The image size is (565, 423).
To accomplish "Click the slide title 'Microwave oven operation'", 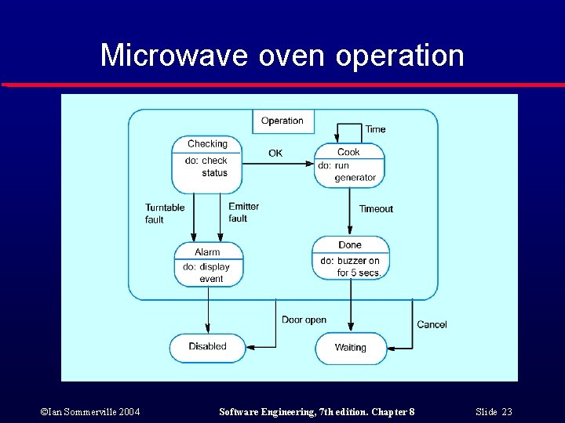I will (x=282, y=56).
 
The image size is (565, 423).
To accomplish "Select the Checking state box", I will (x=206, y=164).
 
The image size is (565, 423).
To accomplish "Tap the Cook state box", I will (x=349, y=164).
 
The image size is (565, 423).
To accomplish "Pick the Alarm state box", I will (x=208, y=265).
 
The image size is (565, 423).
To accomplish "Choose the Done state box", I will (x=350, y=258).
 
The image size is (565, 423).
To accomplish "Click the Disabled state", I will (x=207, y=347).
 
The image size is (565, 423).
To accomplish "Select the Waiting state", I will (x=351, y=348).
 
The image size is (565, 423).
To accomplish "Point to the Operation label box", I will (x=282, y=121).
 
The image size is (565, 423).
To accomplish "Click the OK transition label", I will (x=275, y=154).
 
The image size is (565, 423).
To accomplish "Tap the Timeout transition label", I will (x=376, y=209).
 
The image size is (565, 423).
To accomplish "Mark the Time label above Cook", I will (x=375, y=129).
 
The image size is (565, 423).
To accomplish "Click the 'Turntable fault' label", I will (x=165, y=214).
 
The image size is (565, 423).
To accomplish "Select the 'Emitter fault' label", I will (x=243, y=212).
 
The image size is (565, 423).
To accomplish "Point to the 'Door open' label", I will (x=304, y=320).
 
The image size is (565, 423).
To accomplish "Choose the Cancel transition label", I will (x=432, y=324).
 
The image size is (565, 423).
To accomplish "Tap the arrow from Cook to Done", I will (x=350, y=211).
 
